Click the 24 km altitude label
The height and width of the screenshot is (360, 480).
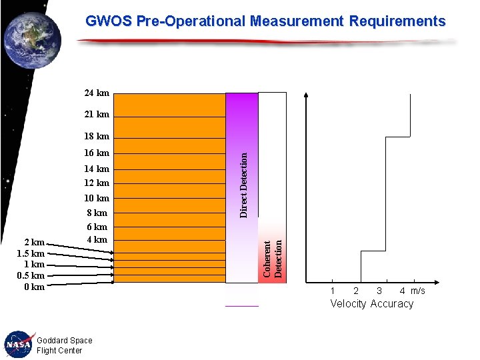[97, 93]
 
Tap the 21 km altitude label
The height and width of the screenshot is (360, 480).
[97, 115]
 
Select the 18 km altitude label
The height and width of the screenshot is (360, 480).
[97, 137]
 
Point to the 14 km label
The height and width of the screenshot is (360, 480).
[97, 169]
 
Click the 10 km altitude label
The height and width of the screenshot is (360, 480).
[97, 199]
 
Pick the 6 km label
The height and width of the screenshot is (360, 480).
[97, 227]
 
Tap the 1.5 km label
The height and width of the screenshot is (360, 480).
[31, 254]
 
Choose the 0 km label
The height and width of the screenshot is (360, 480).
[33, 287]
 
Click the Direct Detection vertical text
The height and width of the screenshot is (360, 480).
[244, 185]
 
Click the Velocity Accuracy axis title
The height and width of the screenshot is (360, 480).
[372, 304]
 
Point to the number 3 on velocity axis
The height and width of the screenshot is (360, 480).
[379, 291]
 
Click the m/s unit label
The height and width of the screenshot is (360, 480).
[418, 291]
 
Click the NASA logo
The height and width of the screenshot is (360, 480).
[18, 344]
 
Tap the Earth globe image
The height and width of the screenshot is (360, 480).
[31, 41]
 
